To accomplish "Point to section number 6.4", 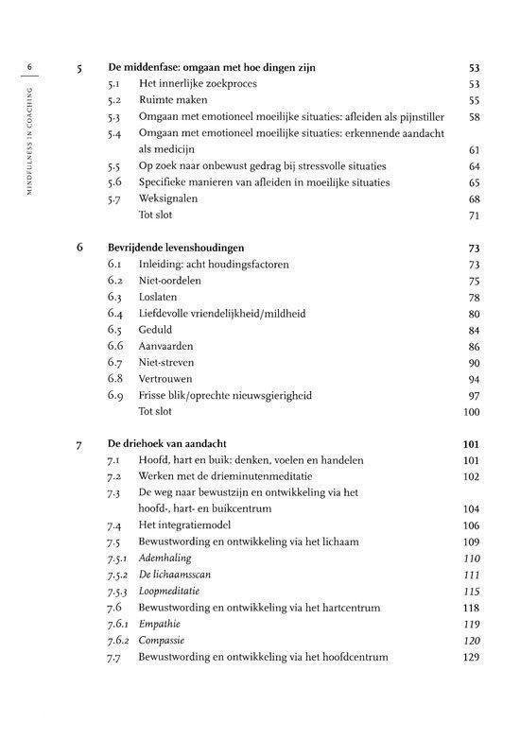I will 116,314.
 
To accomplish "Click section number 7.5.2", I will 118,576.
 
